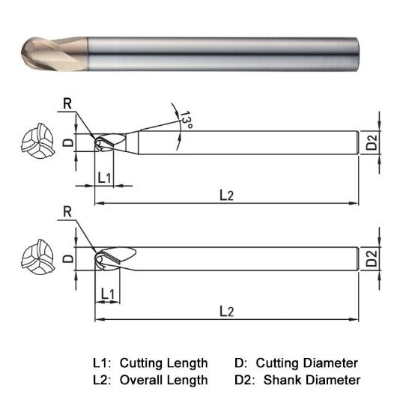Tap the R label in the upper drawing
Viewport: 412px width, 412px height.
68,104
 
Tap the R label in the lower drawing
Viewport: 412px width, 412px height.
68,213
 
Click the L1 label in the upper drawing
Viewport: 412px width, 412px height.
106,177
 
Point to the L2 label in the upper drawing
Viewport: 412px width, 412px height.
226,195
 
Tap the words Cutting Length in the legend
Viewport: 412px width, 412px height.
163,363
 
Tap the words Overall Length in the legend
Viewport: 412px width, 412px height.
163,380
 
